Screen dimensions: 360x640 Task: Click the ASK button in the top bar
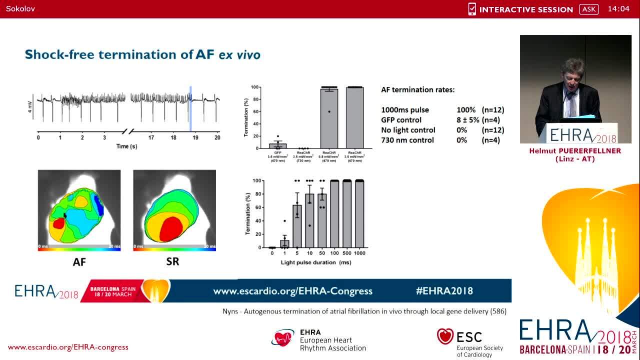(589, 9)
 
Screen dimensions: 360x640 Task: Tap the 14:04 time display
(618, 9)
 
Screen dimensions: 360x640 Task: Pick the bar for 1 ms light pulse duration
(284, 244)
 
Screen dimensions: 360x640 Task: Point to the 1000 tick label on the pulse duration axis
(359, 253)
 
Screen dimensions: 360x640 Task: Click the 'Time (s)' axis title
(126, 146)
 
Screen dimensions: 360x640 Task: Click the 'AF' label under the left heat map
(79, 261)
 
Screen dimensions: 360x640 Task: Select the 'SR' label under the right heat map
(172, 261)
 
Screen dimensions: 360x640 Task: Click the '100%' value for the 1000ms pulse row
(465, 110)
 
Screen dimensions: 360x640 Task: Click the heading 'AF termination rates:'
(418, 90)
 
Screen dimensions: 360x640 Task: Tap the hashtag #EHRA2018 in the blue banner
(444, 291)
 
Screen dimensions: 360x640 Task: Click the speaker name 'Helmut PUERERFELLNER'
(575, 151)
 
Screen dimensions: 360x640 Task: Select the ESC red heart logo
(445, 336)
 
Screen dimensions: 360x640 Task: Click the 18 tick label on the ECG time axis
(173, 137)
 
